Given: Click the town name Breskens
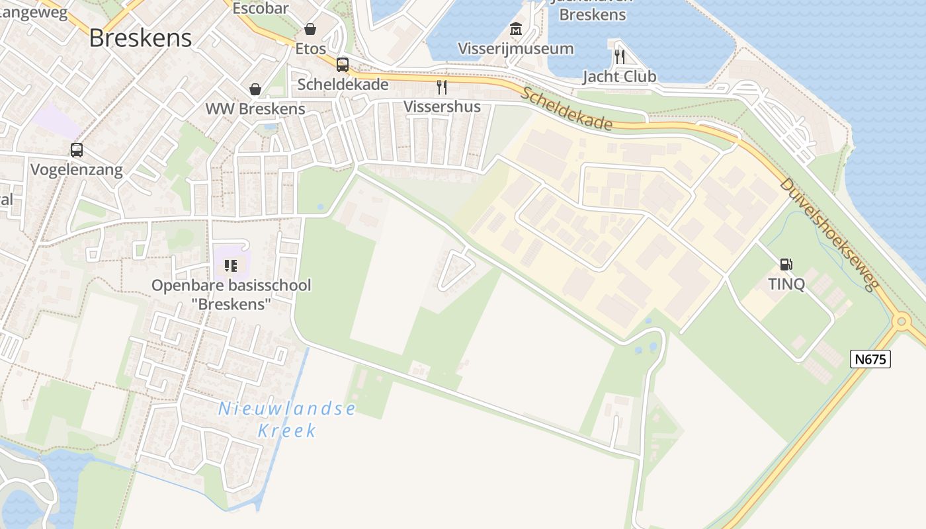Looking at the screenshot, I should click(140, 38).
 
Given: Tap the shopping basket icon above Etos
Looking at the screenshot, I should click(310, 29).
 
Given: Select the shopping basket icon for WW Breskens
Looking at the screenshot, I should click(255, 89).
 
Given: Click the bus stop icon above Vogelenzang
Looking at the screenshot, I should click(77, 150).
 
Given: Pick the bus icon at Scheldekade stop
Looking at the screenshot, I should click(343, 65).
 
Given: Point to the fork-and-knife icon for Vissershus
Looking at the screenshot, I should click(442, 87).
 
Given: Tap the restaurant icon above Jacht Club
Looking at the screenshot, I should click(620, 57).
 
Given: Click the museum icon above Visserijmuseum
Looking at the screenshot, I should click(516, 29).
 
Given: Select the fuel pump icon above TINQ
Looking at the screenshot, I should click(786, 264).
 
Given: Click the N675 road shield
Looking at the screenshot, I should click(870, 359).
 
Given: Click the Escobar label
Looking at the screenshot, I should click(261, 8).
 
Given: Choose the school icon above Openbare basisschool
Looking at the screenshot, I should click(231, 266).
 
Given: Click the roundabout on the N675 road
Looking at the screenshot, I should click(901, 322).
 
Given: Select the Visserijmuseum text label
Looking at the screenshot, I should click(516, 48).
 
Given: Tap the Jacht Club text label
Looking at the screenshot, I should click(619, 77).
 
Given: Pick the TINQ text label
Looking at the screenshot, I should click(786, 284).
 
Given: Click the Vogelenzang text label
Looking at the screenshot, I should click(77, 170).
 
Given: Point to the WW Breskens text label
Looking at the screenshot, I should click(255, 108).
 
